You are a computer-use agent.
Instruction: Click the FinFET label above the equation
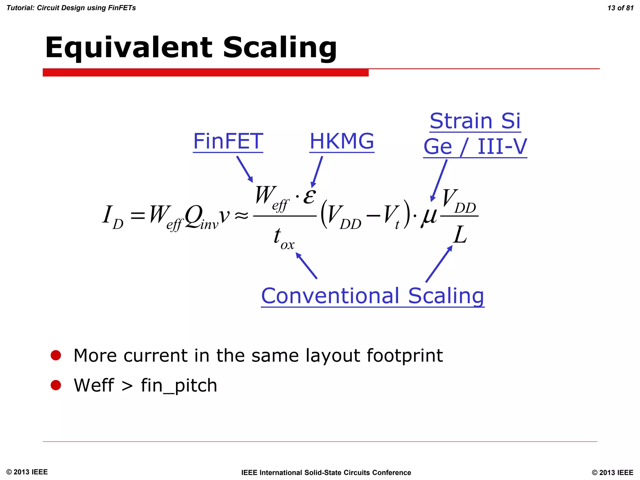(x=228, y=141)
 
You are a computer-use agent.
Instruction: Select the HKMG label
(x=342, y=141)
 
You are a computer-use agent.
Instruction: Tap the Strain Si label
(x=475, y=121)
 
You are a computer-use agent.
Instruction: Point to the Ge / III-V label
(x=475, y=147)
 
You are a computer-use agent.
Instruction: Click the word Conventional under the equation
(x=330, y=296)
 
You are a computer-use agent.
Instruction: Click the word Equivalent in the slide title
(x=128, y=47)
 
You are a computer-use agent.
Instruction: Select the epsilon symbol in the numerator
(x=310, y=196)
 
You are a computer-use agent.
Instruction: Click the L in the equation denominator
(x=460, y=235)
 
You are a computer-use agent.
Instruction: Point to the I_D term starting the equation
(x=112, y=217)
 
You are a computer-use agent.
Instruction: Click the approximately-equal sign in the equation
(x=241, y=215)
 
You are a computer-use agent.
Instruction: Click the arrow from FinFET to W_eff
(x=245, y=169)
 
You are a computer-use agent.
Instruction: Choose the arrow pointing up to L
(x=439, y=264)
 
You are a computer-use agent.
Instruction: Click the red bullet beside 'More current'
(x=56, y=355)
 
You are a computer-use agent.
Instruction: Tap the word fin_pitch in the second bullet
(x=179, y=385)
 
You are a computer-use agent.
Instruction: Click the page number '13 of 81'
(x=620, y=8)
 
